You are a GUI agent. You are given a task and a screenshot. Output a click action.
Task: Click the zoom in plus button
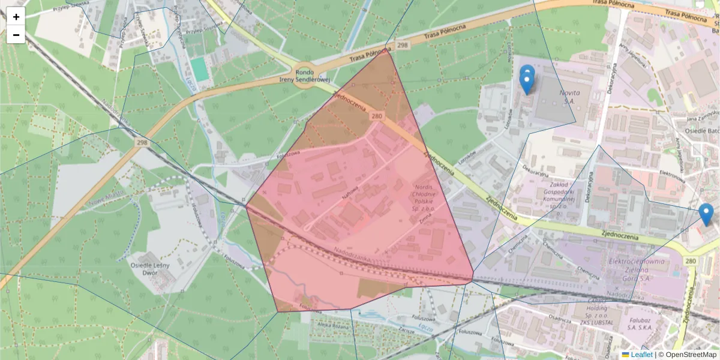click(x=16, y=17)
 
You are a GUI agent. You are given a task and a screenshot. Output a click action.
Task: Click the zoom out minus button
click(x=16, y=35)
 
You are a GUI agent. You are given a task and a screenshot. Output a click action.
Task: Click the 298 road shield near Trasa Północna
click(x=402, y=46)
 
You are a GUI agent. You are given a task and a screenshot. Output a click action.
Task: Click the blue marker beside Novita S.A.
click(x=526, y=81)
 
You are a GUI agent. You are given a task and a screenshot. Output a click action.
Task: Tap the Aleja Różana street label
click(x=334, y=325)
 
